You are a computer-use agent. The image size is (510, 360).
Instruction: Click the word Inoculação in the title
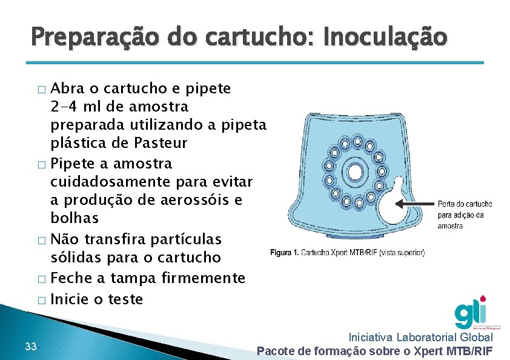385,38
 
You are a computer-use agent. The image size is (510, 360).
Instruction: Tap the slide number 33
31,347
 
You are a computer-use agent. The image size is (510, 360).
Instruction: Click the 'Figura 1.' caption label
285,252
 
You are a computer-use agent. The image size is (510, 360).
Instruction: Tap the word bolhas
75,218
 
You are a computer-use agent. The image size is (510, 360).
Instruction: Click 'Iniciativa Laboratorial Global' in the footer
421,337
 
